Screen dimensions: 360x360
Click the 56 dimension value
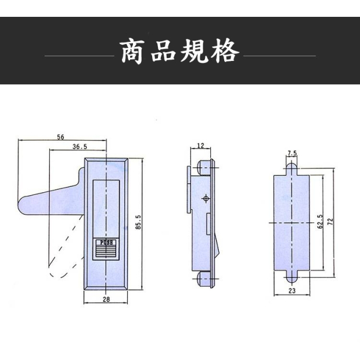click(61, 137)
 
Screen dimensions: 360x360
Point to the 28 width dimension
click(106, 299)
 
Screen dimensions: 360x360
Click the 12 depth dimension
click(200, 145)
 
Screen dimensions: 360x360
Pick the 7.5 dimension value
click(292, 153)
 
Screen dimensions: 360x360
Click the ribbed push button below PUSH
click(106, 251)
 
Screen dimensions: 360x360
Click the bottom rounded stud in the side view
click(203, 280)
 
